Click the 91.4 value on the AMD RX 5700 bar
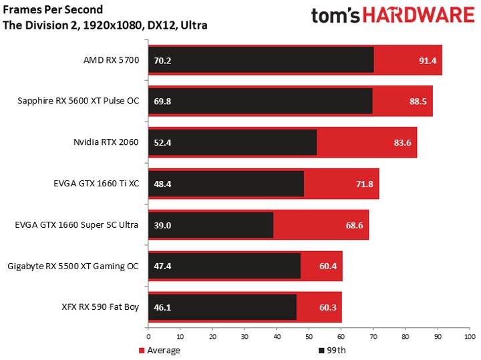point(428,61)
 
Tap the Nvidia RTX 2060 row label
point(106,142)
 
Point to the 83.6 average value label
point(403,142)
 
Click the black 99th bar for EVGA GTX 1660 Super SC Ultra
point(210,225)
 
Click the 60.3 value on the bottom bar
point(327,307)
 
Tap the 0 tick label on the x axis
point(148,337)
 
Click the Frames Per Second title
point(53,10)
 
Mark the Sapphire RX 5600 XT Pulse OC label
point(78,102)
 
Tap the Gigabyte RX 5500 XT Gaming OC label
point(73,266)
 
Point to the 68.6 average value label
point(354,225)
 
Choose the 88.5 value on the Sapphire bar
point(418,102)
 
